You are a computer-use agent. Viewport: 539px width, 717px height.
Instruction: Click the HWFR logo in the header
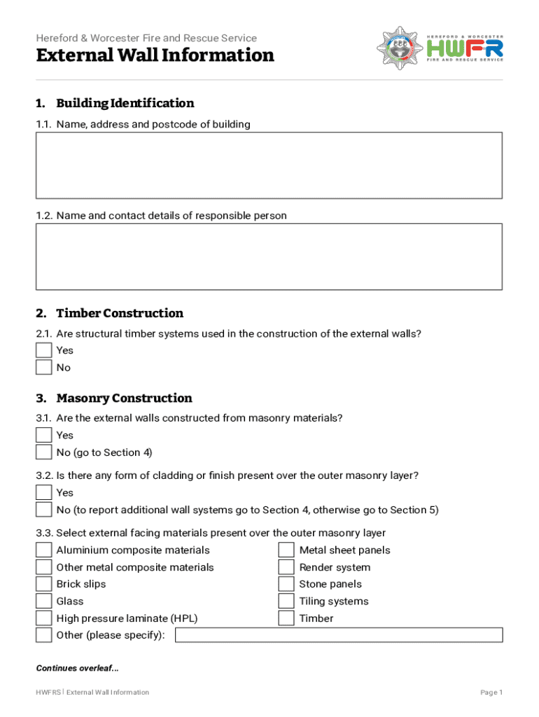click(x=440, y=48)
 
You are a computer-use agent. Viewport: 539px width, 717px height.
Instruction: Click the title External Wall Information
click(x=155, y=55)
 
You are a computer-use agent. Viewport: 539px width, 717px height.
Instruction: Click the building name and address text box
click(x=269, y=165)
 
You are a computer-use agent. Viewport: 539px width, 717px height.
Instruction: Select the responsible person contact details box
click(x=269, y=256)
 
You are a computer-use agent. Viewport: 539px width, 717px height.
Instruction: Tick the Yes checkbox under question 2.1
click(x=43, y=350)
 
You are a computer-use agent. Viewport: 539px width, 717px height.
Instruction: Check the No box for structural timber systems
click(x=43, y=368)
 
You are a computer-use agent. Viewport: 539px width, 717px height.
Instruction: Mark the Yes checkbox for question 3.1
click(x=43, y=435)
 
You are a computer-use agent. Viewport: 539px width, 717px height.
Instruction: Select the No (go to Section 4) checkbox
click(x=43, y=452)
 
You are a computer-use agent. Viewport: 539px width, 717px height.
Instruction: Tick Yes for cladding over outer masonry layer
click(x=43, y=492)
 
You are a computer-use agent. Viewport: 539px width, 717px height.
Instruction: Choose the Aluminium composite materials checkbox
click(x=43, y=550)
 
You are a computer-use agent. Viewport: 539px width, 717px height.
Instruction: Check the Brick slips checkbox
click(x=43, y=584)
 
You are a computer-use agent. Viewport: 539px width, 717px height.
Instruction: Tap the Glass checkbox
click(x=43, y=601)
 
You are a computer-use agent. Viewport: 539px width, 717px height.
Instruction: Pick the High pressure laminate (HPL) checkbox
click(x=43, y=618)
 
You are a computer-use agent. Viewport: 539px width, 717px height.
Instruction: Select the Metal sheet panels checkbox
click(x=286, y=550)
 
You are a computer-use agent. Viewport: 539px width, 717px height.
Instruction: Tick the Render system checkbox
click(x=286, y=567)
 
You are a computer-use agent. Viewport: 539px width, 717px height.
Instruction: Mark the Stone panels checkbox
click(x=286, y=584)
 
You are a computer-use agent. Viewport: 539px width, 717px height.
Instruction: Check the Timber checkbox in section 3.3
click(x=286, y=618)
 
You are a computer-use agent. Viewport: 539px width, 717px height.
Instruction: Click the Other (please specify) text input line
click(x=339, y=635)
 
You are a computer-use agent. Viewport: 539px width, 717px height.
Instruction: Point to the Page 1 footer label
click(x=491, y=692)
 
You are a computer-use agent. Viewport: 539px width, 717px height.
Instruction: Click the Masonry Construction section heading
click(x=124, y=398)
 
